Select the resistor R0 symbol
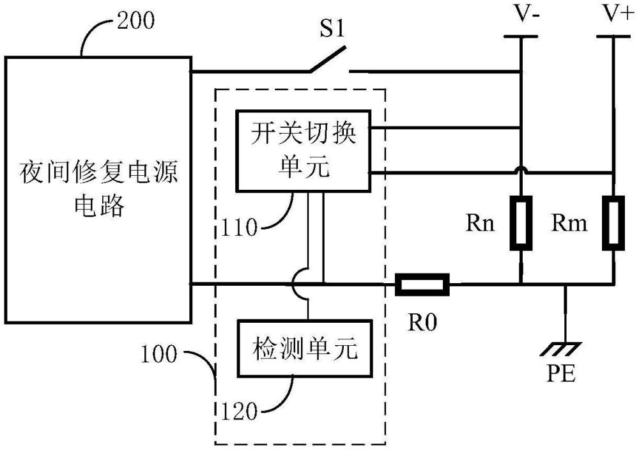[422, 284]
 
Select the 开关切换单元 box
[303, 151]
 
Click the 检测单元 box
[303, 348]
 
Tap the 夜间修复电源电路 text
[99, 188]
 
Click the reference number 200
[135, 22]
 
